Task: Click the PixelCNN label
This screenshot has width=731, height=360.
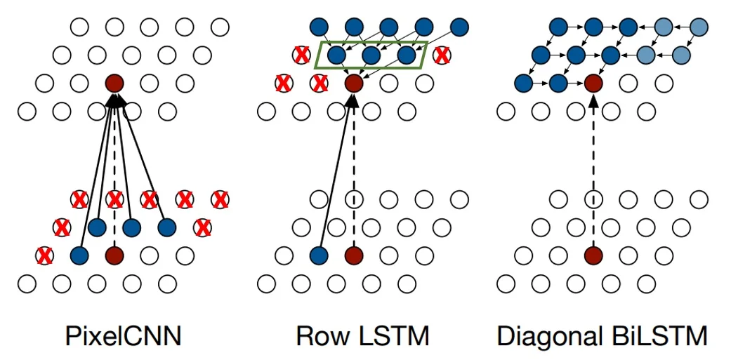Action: (123, 336)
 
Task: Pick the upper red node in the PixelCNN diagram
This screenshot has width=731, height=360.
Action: (114, 84)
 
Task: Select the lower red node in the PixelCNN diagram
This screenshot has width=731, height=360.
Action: (114, 255)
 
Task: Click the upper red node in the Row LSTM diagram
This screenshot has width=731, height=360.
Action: (354, 84)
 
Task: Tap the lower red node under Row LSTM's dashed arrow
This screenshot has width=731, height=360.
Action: (354, 255)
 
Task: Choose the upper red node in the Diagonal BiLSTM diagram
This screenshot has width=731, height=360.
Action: (594, 84)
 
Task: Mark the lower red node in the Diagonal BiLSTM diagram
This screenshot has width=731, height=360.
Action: (594, 255)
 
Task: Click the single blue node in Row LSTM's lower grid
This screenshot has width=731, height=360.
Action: (320, 255)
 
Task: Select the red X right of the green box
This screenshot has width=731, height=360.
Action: (441, 55)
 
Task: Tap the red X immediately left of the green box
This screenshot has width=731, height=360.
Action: (302, 55)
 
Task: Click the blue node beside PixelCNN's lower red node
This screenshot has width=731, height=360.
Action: (79, 255)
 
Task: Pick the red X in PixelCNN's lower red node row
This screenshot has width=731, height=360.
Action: (45, 255)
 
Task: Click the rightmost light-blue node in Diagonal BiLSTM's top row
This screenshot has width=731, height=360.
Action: (698, 27)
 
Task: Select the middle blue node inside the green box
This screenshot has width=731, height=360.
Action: (371, 55)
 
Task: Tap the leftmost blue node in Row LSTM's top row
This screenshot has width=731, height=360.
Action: (320, 27)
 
